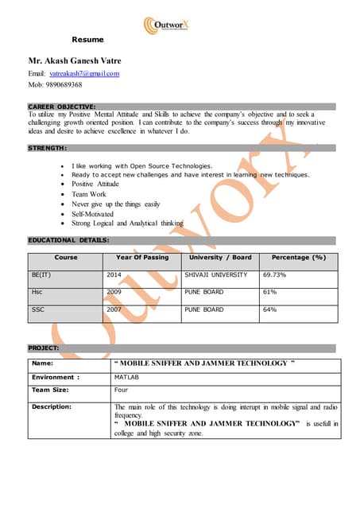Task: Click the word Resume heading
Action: tap(88, 39)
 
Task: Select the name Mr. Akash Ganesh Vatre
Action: tap(75, 60)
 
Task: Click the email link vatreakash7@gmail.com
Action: tap(84, 73)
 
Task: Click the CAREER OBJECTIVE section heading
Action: tap(62, 106)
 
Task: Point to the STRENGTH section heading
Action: tap(48, 148)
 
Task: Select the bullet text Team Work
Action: tap(89, 194)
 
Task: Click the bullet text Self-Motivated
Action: tap(92, 214)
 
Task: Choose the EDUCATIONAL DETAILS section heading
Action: tap(68, 239)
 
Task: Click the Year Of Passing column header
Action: tap(142, 258)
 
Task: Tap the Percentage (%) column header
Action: tap(299, 258)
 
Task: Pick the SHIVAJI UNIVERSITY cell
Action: tap(216, 274)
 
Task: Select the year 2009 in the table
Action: tap(114, 292)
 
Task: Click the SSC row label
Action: tap(37, 309)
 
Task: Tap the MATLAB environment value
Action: tap(127, 378)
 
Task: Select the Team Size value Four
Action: tap(122, 390)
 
